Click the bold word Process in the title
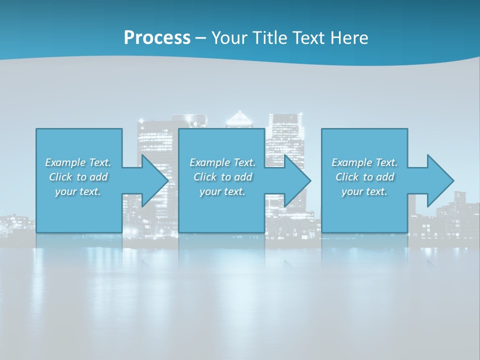[x=157, y=37]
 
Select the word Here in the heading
[x=349, y=37]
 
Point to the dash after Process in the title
[x=201, y=38]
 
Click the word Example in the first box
[x=65, y=162]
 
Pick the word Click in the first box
[x=60, y=177]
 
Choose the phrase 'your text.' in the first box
[x=78, y=191]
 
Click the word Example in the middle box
[x=210, y=162]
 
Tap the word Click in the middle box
[x=205, y=177]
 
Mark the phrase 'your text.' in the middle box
[x=222, y=191]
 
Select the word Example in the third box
[x=352, y=162]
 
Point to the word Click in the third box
[x=347, y=177]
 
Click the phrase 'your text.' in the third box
[x=364, y=191]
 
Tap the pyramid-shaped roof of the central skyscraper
[x=240, y=119]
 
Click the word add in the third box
[x=385, y=177]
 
